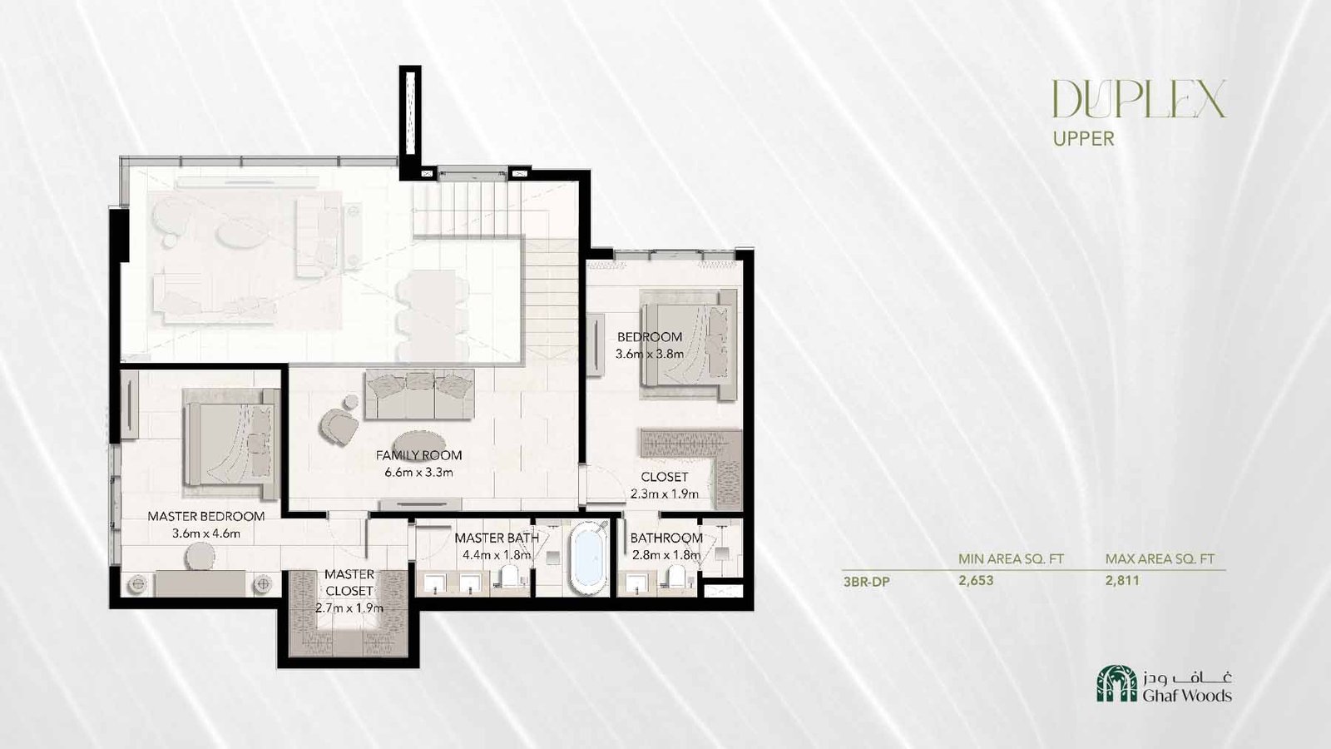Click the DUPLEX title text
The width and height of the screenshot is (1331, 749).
1139,99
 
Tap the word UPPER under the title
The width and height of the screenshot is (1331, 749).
1083,139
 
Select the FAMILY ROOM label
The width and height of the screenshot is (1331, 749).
419,455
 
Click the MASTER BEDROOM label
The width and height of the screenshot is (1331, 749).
206,516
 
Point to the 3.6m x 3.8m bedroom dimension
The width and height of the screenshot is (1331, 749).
650,354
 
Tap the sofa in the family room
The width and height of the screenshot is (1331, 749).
419,394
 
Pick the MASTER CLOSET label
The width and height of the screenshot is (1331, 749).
349,583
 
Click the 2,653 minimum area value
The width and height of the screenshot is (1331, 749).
976,580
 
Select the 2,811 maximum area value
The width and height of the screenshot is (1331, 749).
1122,580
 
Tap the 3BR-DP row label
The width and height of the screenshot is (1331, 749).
866,582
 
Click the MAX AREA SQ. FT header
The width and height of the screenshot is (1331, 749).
1160,558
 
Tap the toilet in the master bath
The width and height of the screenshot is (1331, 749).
510,577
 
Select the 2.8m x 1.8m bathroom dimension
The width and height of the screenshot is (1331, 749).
665,555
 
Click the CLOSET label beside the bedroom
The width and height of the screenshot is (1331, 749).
665,477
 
